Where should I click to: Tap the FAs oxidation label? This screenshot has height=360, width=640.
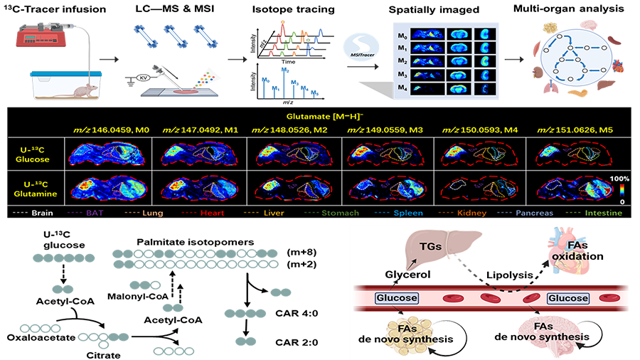click(577, 252)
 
